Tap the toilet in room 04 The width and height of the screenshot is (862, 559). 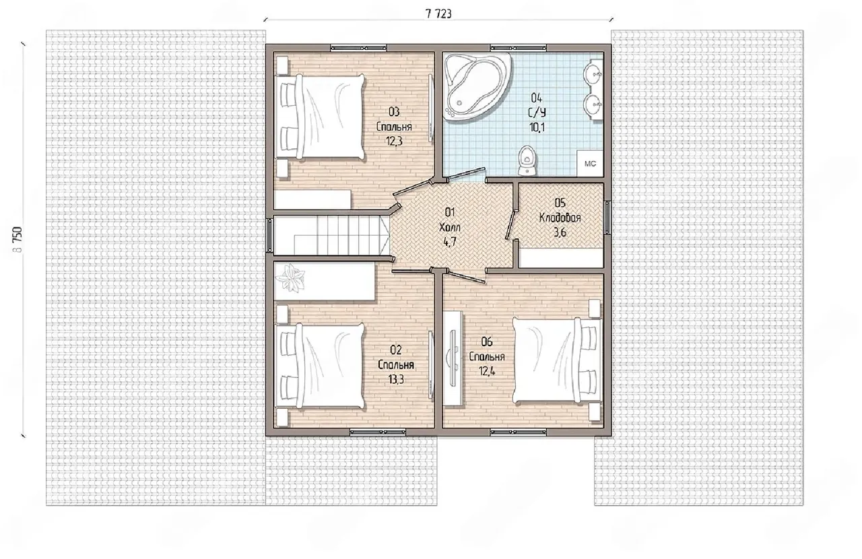tap(526, 160)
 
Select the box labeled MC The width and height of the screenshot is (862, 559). tap(590, 164)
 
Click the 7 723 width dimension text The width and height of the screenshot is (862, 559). tap(438, 14)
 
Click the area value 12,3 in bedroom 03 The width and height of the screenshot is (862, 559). tap(394, 141)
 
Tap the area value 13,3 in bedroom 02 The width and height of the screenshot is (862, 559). tap(396, 380)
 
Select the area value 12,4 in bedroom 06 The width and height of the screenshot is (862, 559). tap(487, 372)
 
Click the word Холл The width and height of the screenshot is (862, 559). tap(449, 227)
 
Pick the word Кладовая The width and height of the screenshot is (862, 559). tap(560, 218)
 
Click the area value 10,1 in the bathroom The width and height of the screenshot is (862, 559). tap(537, 127)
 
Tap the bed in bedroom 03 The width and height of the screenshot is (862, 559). tap(320, 117)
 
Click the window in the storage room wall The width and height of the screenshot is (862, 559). tap(607, 218)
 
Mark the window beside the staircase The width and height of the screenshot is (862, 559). tap(269, 235)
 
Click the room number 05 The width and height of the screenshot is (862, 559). tap(560, 203)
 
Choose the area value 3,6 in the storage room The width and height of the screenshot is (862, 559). tap(560, 233)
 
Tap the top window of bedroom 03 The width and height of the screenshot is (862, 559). tap(359, 48)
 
